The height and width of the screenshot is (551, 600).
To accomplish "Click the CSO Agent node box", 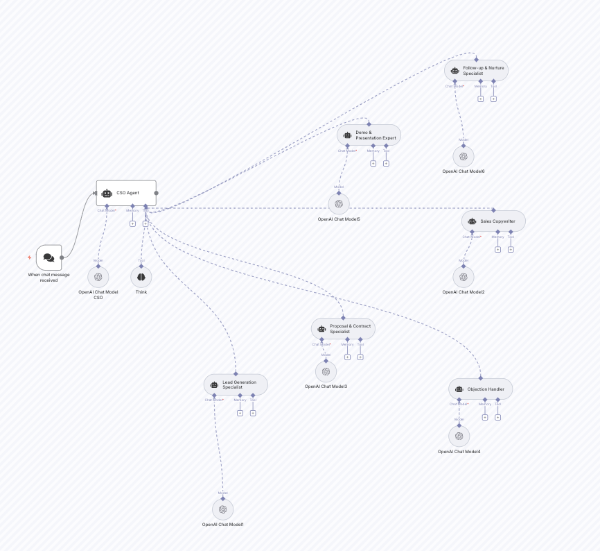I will tap(126, 193).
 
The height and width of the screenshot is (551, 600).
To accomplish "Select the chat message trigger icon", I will tap(48, 257).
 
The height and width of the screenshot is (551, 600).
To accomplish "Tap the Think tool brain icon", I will tap(141, 277).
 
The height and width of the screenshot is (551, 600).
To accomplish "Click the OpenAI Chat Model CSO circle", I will tap(98, 277).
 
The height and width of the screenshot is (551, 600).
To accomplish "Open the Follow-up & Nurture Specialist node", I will tap(476, 70).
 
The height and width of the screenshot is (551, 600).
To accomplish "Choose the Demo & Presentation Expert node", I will tap(369, 135).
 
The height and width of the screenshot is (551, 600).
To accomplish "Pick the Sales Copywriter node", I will tap(493, 221).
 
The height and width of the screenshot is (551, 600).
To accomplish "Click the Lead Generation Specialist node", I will tap(236, 384).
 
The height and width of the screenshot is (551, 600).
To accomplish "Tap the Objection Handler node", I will tap(481, 389).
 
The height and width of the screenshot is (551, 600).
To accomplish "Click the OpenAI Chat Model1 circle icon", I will tap(223, 509).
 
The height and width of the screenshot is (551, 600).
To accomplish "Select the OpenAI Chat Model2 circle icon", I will tap(464, 277).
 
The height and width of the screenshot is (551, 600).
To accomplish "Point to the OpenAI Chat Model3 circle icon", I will tap(326, 371).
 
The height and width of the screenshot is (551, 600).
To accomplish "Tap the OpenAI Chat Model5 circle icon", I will tap(339, 203).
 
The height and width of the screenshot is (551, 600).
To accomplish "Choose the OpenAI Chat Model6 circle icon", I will tap(464, 156).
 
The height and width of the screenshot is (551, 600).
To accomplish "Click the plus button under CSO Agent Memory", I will tap(132, 223).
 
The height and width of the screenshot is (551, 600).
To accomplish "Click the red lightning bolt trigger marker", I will tap(29, 257).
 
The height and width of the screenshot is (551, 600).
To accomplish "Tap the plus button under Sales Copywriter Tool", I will tap(511, 250).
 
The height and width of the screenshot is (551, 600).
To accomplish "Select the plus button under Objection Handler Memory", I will tap(485, 417).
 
